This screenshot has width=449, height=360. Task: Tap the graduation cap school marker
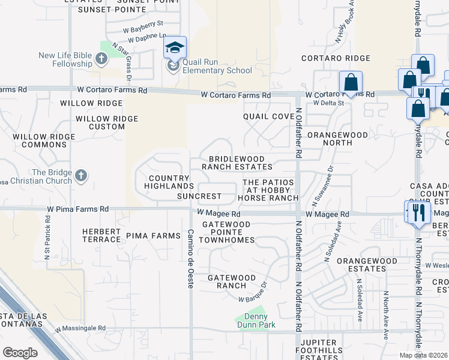(x=175, y=47)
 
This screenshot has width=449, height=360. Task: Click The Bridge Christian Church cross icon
(x=82, y=176)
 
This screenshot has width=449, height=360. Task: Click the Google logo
(x=20, y=353)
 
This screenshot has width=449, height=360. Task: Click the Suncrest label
(x=199, y=196)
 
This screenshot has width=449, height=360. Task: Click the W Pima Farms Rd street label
(x=79, y=209)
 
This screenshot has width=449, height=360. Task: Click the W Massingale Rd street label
(x=80, y=329)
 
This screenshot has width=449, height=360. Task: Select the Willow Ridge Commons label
(x=38, y=141)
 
